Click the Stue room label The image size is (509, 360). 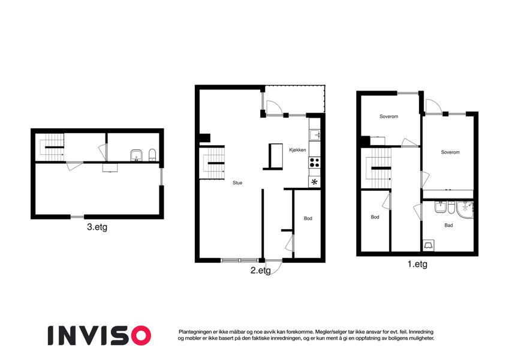237,183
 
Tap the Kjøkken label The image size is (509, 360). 297,150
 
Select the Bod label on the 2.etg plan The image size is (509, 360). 308,218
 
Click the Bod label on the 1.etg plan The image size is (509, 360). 375,217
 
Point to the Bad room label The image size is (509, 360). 448,225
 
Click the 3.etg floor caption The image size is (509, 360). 97,227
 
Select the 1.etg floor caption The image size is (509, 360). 417,264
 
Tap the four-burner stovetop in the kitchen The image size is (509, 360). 315,163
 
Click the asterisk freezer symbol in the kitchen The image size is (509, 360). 314,182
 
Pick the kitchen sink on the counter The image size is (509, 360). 315,134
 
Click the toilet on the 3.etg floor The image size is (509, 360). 152,155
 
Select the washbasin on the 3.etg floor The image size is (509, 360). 136,155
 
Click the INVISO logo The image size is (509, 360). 100,335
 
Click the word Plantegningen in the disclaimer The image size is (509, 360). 195,332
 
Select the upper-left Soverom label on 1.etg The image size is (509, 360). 388,116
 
